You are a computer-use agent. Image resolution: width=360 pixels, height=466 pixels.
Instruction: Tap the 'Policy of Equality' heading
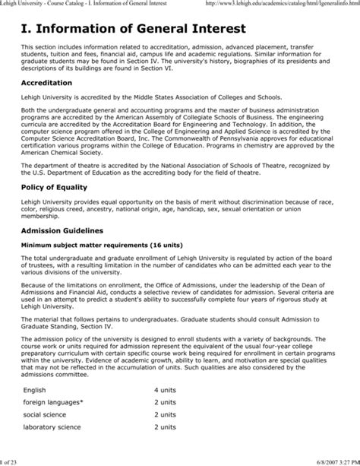[54, 186]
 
